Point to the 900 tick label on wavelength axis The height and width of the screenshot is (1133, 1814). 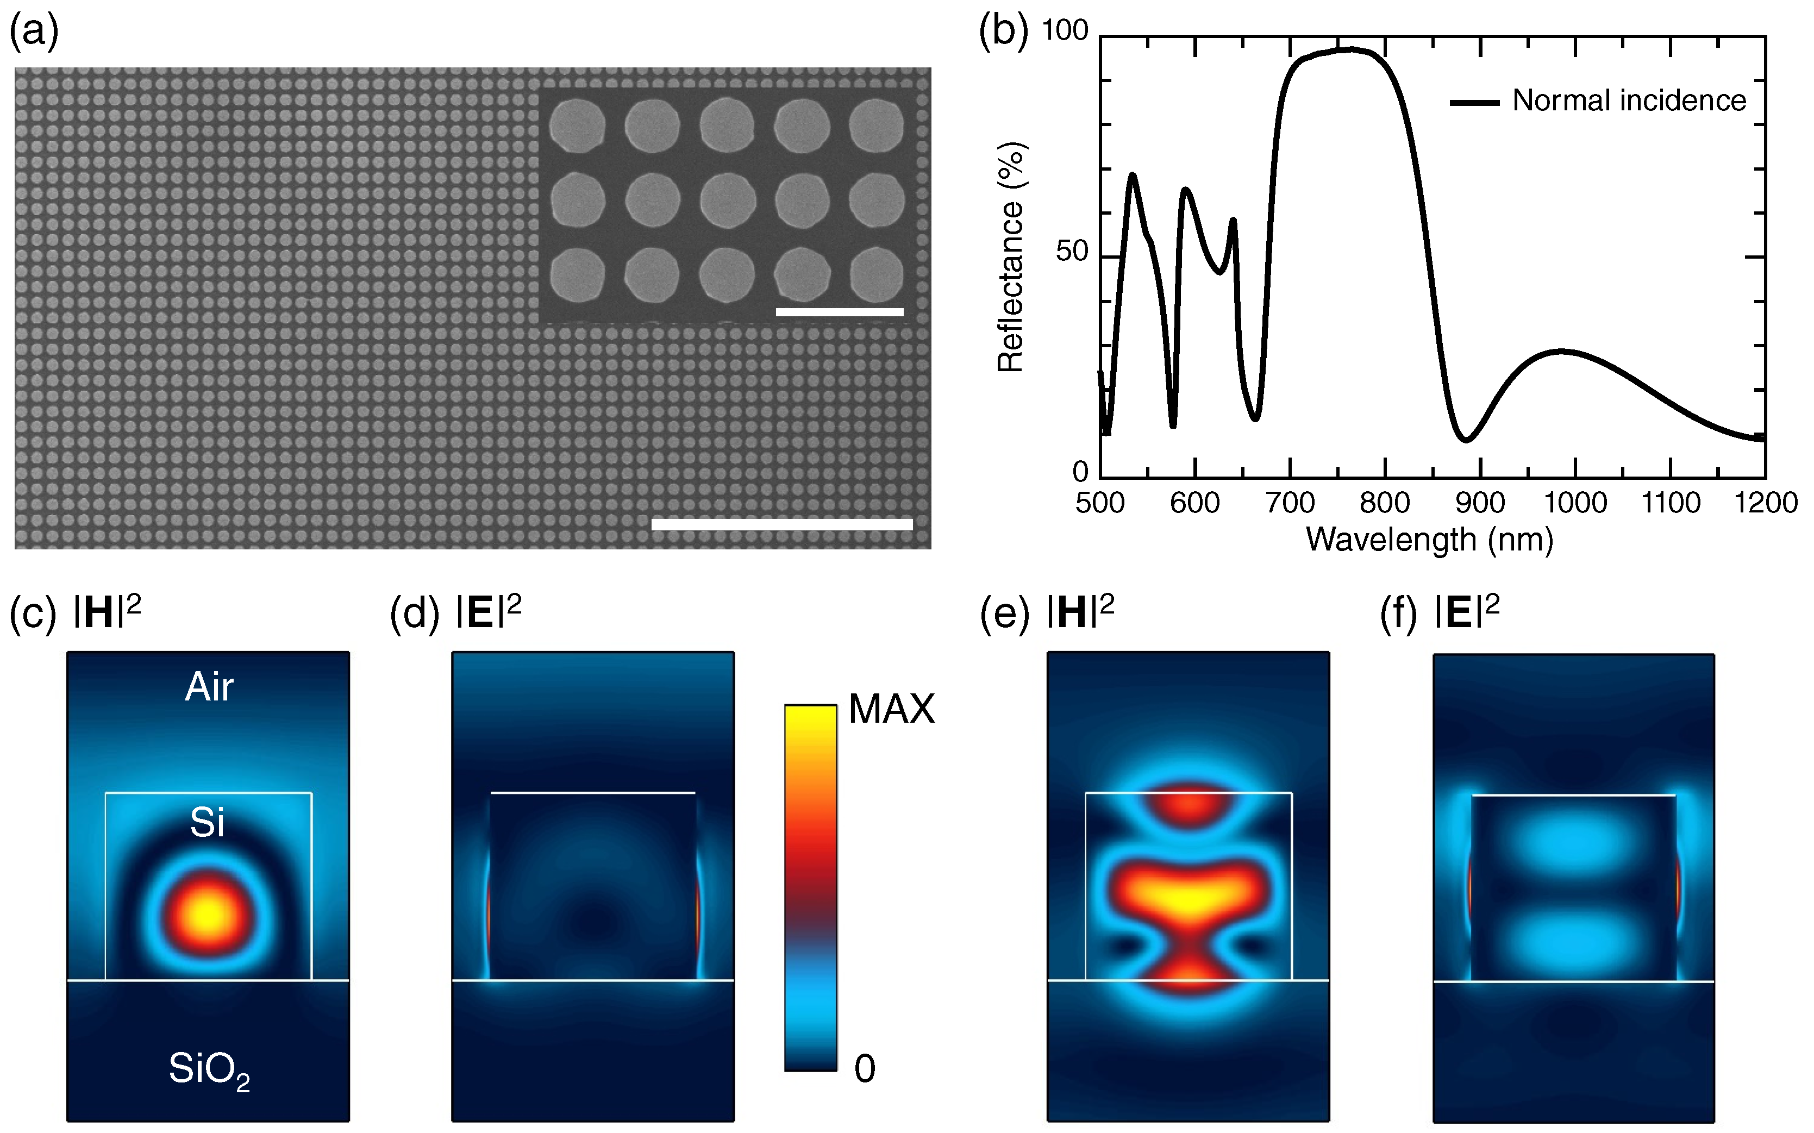(1480, 503)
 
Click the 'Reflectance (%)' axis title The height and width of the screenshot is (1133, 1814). (1011, 257)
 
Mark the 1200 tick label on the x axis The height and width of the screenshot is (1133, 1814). (1765, 503)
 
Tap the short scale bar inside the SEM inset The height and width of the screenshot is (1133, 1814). (839, 312)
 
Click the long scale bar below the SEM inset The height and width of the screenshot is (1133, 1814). (781, 524)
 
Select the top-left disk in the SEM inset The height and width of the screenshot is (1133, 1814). (577, 125)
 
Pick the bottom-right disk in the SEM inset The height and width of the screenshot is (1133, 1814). (877, 275)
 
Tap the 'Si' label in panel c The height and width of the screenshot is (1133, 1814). (208, 823)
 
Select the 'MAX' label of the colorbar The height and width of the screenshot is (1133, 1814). (892, 709)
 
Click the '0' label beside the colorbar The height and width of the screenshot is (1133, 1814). (865, 1068)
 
